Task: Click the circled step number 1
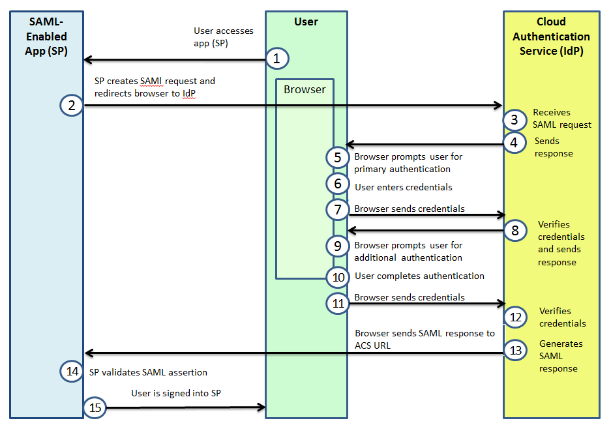[x=276, y=59]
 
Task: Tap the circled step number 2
[x=71, y=105]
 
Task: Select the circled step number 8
[x=514, y=230]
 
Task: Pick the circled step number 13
[x=515, y=350]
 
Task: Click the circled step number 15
[x=95, y=407]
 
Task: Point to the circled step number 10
[x=338, y=278]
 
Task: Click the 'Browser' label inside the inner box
[x=305, y=89]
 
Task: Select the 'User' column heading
[x=306, y=22]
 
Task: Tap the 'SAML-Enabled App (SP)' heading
[x=46, y=37]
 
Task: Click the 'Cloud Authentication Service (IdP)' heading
[x=551, y=37]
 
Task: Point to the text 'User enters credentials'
[x=403, y=187]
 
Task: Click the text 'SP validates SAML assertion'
[x=148, y=372]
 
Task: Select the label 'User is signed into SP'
[x=176, y=394]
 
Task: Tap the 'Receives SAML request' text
[x=562, y=119]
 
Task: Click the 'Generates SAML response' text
[x=561, y=356]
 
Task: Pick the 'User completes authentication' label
[x=419, y=276]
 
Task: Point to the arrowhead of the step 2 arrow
[x=498, y=105]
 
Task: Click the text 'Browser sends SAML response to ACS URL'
[x=425, y=340]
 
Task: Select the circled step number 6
[x=338, y=183]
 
